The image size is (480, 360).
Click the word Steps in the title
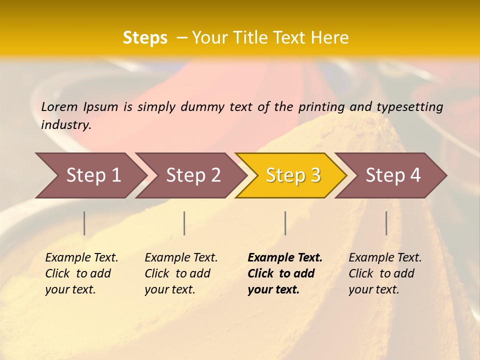click(x=145, y=38)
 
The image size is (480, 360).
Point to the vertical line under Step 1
click(x=84, y=223)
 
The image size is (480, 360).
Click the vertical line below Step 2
click(x=184, y=223)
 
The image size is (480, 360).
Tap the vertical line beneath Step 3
click(x=285, y=223)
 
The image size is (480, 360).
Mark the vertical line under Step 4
click(x=386, y=223)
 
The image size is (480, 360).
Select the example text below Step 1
click(x=81, y=273)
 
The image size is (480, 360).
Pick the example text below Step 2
click(x=181, y=273)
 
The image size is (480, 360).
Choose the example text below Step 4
click(x=385, y=273)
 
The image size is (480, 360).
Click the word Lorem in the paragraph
click(x=59, y=107)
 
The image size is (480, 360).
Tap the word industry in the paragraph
click(x=65, y=125)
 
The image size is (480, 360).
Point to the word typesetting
click(x=409, y=107)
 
